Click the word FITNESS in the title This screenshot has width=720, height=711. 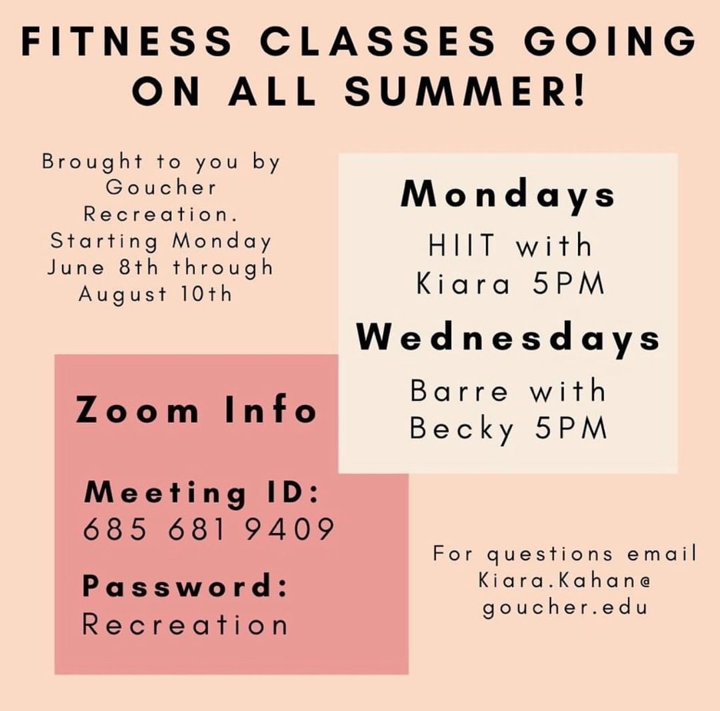126,41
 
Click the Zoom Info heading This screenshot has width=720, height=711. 196,410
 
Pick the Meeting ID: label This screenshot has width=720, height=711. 201,494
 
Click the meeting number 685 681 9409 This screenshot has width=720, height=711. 209,529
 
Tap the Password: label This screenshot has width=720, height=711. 185,586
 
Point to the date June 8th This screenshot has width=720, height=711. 103,267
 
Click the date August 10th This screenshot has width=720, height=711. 155,294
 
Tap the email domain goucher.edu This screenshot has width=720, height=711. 565,607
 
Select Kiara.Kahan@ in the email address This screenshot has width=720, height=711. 565,580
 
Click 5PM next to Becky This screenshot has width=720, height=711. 571,428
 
